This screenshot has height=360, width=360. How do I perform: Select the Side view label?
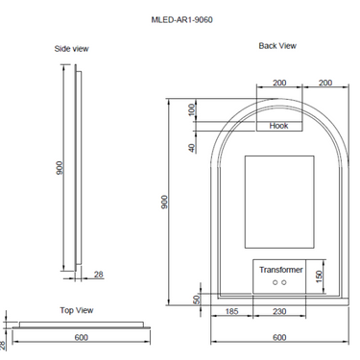coord(71,48)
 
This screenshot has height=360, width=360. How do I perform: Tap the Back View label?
coord(277,45)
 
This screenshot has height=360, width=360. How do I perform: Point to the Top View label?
coord(76,310)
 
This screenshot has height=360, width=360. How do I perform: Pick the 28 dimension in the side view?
coord(99,276)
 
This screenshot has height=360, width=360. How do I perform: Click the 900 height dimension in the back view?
coord(164,202)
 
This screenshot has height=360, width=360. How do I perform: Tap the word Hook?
coord(278,126)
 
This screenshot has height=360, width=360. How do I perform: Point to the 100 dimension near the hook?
coord(192,110)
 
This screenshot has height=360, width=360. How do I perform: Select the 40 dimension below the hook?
coord(192,147)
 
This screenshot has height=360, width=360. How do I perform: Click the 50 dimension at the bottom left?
coord(196,300)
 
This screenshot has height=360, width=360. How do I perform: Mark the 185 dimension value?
coord(231,312)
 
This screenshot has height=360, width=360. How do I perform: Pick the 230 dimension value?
coord(279,312)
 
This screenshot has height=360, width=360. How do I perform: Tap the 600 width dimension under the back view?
coord(279,338)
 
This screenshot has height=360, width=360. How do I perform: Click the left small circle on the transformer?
coord(275,285)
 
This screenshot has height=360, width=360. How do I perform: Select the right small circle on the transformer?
coord(284,285)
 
